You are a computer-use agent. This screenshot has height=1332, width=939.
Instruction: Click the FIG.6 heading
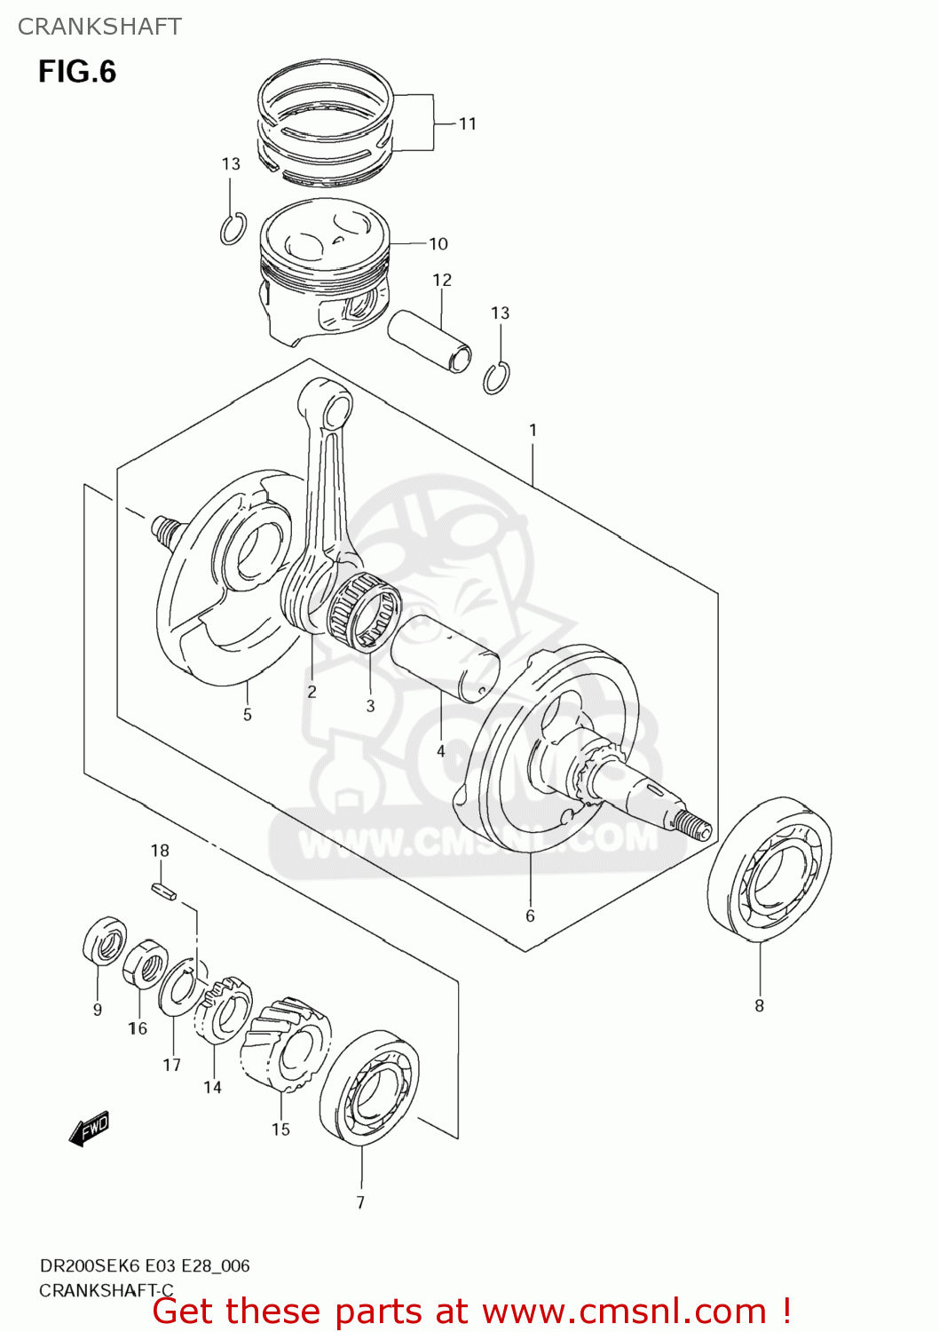coord(77,71)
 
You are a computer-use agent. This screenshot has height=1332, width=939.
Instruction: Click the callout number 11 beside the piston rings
coord(468,123)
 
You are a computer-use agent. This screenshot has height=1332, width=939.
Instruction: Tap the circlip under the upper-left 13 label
coord(233,229)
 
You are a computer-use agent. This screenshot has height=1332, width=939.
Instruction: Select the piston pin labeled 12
coord(430,341)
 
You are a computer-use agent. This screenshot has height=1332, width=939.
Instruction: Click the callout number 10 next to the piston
coord(438,243)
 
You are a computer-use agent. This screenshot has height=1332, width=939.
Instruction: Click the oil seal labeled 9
coord(104,941)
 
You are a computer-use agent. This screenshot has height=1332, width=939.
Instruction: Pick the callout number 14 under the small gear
coord(212,1087)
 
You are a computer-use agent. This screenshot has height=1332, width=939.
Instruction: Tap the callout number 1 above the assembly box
coord(533,430)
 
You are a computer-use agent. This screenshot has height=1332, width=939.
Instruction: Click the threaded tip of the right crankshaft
coord(694,824)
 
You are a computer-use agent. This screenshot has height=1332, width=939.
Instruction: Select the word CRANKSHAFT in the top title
coord(99,27)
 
